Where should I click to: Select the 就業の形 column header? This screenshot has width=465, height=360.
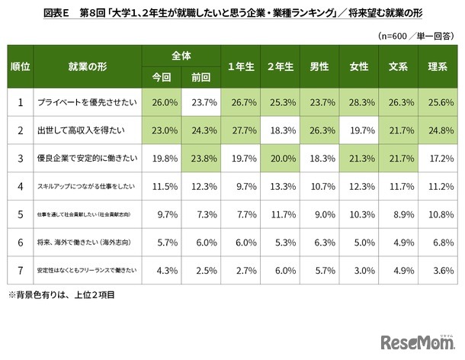pos(79,67)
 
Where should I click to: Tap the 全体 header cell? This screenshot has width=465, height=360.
pos(181,56)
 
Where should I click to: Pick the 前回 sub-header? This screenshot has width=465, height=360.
pos(201,77)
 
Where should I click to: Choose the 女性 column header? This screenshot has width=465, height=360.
pos(358,67)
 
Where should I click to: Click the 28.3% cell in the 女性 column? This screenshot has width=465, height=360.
pos(358,101)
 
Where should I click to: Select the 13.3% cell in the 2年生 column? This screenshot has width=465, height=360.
pos(280,185)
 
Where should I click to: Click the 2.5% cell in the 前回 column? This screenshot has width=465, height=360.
pos(201,269)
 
